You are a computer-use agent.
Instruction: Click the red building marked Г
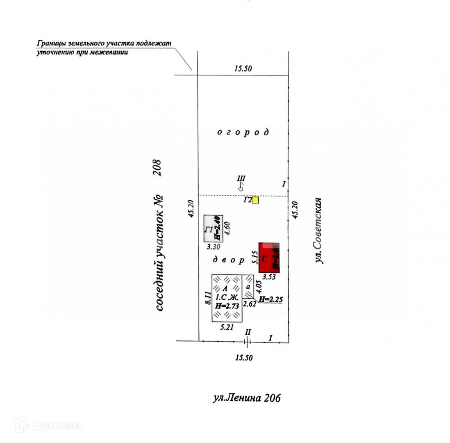tap(269, 258)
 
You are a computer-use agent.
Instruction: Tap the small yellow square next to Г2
tap(255, 200)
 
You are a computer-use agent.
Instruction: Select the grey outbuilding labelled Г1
tap(214, 228)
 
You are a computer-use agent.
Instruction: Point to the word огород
tap(243, 132)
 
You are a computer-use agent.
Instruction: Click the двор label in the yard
tap(229, 260)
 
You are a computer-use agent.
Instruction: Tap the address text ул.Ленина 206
tap(247, 397)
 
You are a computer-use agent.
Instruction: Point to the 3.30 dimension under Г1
tap(213, 247)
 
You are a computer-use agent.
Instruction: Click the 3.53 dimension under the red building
tap(269, 277)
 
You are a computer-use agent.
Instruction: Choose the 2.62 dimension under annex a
tap(250, 304)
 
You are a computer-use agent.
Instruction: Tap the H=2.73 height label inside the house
tap(226, 306)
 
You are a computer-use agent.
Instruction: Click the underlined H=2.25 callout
tap(271, 299)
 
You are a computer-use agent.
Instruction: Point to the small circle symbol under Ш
tap(241, 188)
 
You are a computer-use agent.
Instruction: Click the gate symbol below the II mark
tap(247, 341)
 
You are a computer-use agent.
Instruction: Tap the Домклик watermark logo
tap(49, 425)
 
